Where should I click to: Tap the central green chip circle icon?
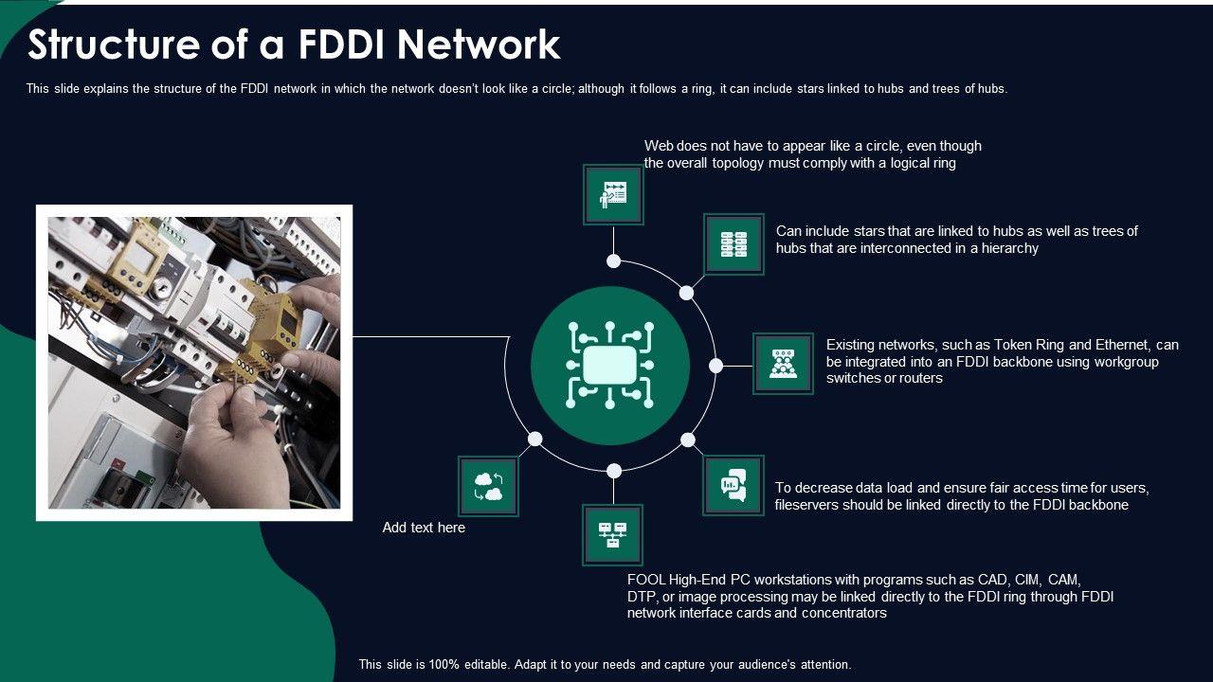609,366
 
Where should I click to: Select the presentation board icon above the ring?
613,195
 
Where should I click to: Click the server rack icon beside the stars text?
733,244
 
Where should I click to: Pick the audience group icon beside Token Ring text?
783,364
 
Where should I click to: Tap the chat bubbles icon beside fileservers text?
733,486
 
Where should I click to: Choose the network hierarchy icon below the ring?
612,535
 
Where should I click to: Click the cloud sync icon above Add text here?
489,487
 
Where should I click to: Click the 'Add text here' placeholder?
424,528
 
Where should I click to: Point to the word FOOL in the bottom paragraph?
645,580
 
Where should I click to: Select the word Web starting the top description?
660,146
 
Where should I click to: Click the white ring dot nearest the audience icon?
716,366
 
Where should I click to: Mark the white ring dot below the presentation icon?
613,260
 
